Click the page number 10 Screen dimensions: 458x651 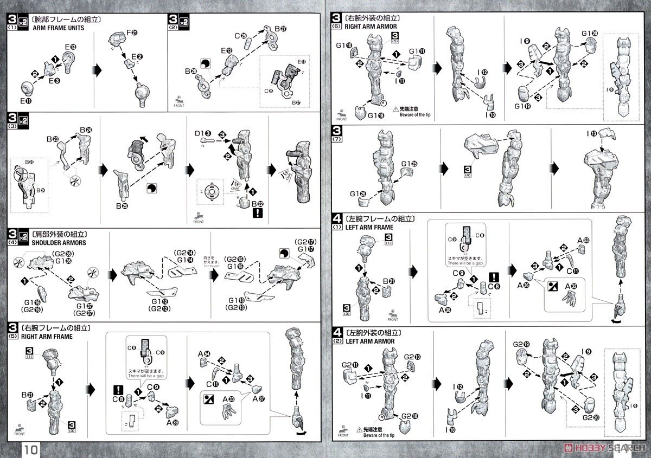pyautogui.click(x=30, y=449)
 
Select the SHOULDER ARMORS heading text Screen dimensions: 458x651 pyautogui.click(x=48, y=242)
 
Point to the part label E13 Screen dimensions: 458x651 pyautogui.click(x=68, y=47)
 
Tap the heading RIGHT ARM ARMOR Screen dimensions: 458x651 pyautogui.click(x=371, y=25)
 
